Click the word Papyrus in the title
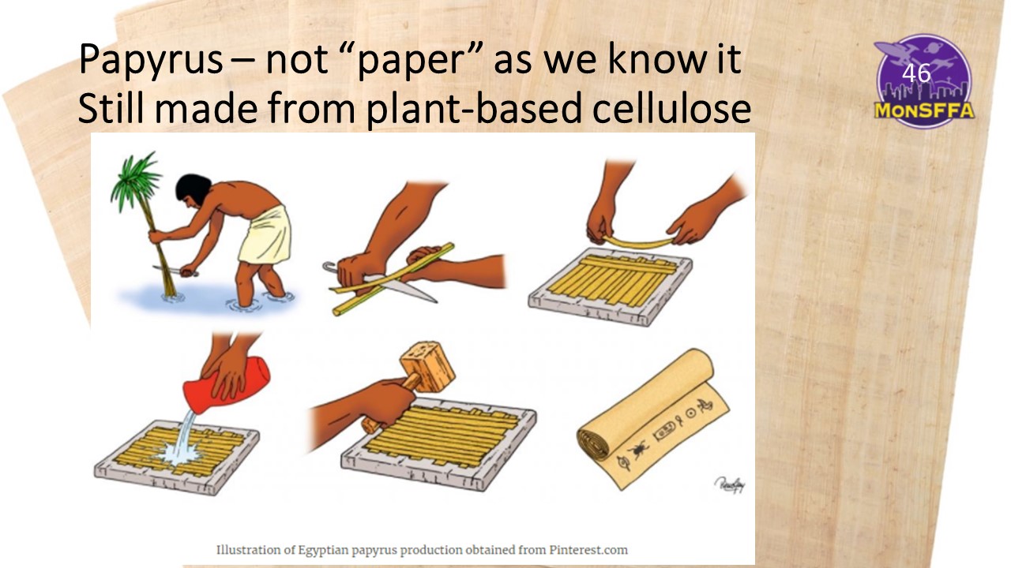151,60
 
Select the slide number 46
916,73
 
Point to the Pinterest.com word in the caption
588,550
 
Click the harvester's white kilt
265,236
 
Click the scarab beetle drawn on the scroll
639,450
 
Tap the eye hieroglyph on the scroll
623,463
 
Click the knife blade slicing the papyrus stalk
402,289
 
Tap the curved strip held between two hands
638,241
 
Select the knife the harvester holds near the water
176,271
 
